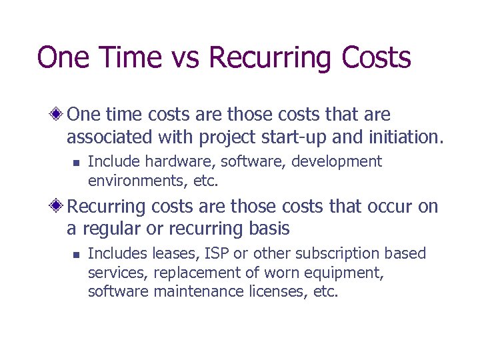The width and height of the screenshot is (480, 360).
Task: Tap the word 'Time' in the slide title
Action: [125, 57]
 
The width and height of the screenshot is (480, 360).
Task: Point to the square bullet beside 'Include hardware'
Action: [76, 162]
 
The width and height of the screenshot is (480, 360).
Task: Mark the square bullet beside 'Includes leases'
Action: [76, 254]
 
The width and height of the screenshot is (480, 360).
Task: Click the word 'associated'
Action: [110, 137]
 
